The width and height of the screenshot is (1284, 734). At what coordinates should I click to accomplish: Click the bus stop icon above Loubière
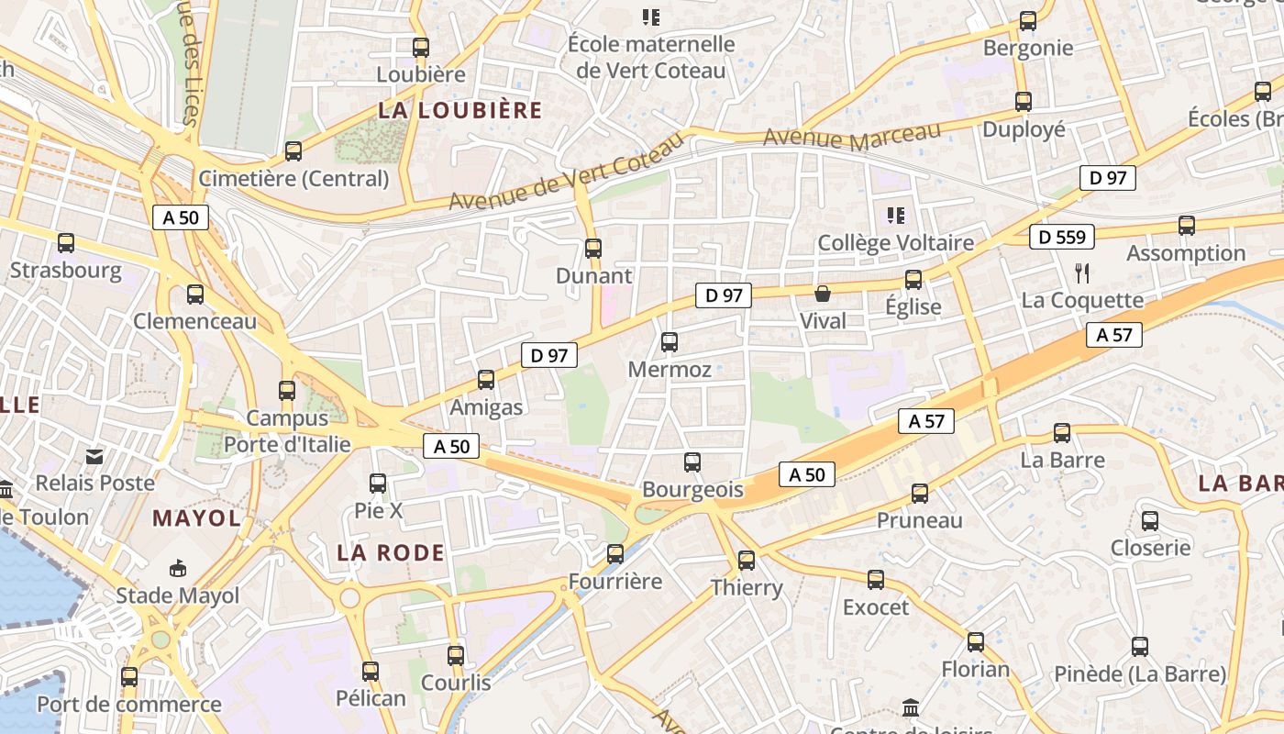click(x=421, y=48)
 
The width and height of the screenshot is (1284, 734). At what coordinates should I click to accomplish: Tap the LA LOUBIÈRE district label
click(x=460, y=111)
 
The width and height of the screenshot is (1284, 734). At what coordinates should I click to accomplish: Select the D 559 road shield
click(x=1062, y=237)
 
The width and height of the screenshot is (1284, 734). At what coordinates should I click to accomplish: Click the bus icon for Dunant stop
click(x=593, y=248)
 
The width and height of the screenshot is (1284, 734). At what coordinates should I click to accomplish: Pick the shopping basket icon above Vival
click(x=823, y=294)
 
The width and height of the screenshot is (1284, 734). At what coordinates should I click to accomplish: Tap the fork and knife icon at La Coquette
click(x=1082, y=272)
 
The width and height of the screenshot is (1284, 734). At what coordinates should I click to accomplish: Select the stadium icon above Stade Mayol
click(x=178, y=569)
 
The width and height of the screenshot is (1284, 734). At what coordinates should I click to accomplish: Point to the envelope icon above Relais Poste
click(x=94, y=456)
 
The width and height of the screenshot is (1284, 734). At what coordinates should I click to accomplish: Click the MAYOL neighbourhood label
click(x=196, y=518)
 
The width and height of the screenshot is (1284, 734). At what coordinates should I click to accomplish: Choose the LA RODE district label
click(x=391, y=552)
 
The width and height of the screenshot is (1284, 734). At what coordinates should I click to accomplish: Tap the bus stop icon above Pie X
click(x=378, y=483)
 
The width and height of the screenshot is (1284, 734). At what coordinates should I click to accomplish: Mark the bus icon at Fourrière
click(x=615, y=554)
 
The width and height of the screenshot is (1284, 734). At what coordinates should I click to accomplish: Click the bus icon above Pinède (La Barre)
click(x=1140, y=647)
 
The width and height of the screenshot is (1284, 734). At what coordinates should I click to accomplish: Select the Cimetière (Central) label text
click(x=294, y=178)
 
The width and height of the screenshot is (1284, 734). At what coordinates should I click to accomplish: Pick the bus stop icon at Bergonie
click(x=1028, y=21)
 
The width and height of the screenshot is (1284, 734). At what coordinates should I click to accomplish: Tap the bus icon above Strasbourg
click(x=66, y=243)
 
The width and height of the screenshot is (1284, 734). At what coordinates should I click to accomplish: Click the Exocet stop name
click(x=876, y=607)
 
